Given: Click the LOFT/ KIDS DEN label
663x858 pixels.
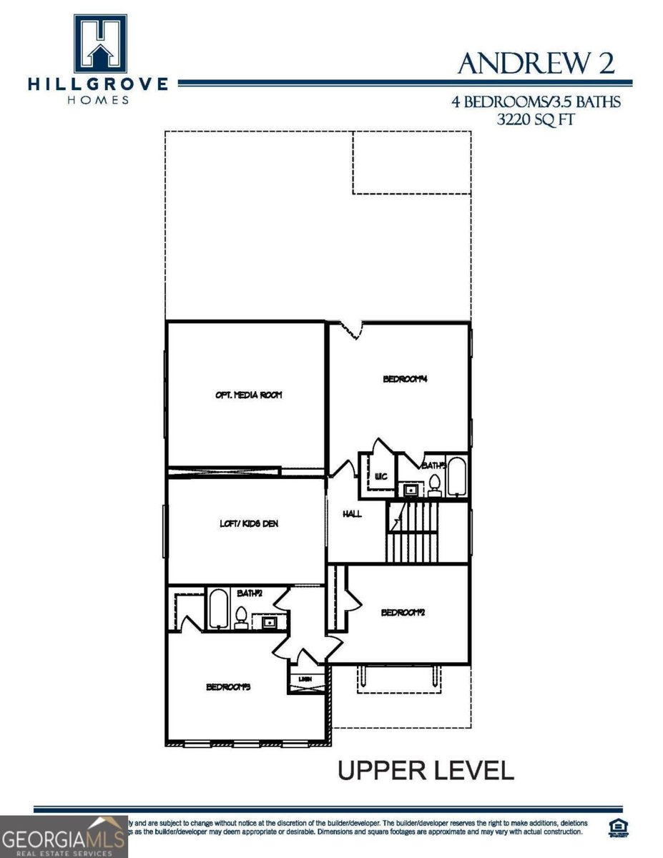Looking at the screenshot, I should tap(248, 523).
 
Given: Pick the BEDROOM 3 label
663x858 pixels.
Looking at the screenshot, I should tap(228, 687).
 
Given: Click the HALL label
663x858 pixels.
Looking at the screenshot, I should tap(352, 513).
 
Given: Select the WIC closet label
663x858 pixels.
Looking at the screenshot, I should tap(380, 476).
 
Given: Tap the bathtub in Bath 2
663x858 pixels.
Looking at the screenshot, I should tap(219, 609).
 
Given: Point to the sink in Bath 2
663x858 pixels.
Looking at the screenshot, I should tap(270, 623).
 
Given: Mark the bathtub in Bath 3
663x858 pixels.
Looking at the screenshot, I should tap(457, 475).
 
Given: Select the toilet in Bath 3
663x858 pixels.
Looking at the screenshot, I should tap(434, 486).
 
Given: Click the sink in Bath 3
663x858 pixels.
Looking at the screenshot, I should tap(411, 490).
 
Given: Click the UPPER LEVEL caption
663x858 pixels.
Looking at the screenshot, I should tap(425, 770).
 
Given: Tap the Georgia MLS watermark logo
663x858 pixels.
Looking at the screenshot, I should tap(63, 837).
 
